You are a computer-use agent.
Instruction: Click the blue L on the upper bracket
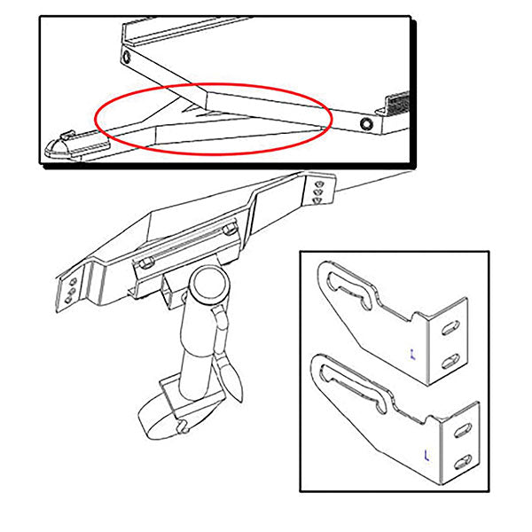[413, 353]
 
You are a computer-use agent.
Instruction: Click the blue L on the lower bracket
[427, 457]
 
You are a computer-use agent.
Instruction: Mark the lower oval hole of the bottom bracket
[463, 463]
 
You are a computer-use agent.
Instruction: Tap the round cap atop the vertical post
[211, 287]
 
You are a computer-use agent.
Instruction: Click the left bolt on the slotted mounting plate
[145, 261]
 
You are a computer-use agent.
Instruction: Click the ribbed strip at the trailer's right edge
[395, 102]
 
